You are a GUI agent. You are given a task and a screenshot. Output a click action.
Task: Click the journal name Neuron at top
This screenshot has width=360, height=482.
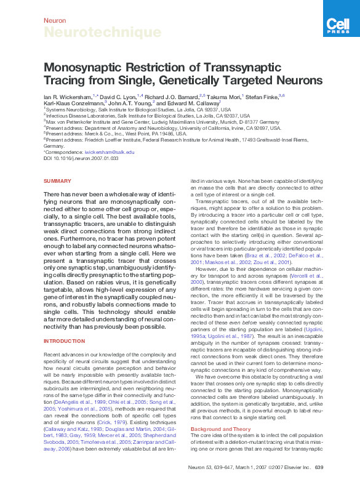coord(55,20)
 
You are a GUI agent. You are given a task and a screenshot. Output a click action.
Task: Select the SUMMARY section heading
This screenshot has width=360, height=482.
coord(57,181)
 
